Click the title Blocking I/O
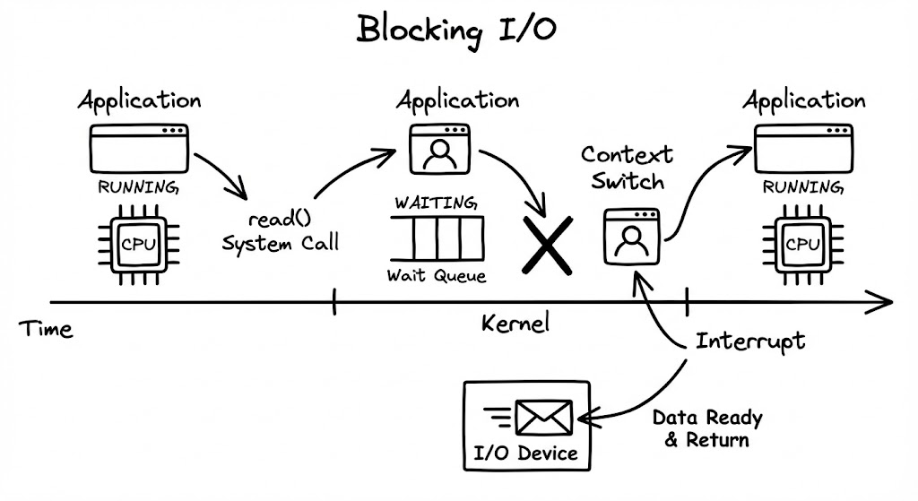(x=456, y=29)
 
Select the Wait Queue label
(x=436, y=275)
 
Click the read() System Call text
(x=280, y=232)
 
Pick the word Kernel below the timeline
(x=515, y=324)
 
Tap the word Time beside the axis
(x=47, y=329)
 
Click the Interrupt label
(x=750, y=341)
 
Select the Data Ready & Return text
(x=706, y=428)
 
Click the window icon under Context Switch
(x=632, y=237)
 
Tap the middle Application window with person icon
(x=438, y=151)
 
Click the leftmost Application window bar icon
(x=139, y=149)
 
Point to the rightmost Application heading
(x=803, y=100)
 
